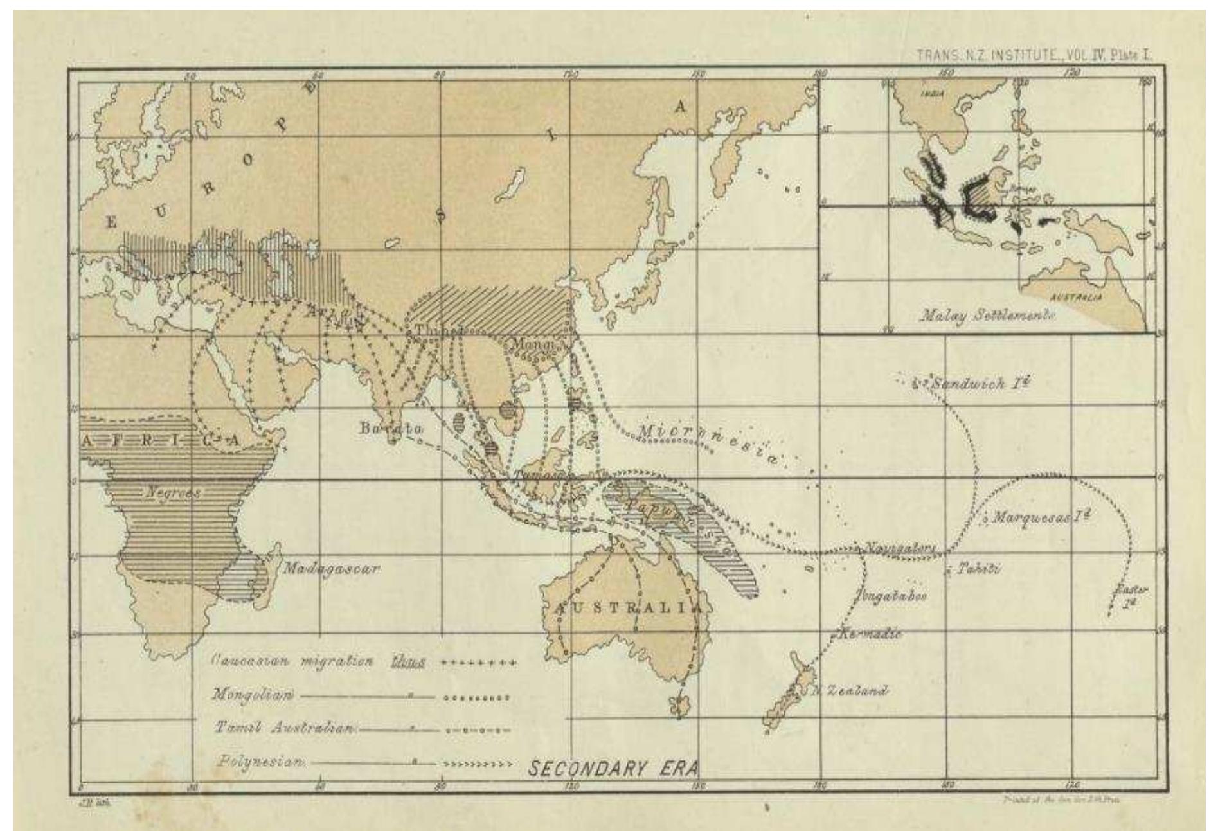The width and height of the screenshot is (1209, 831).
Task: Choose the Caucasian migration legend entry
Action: coord(293,662)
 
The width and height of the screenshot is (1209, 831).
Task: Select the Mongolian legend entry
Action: coord(254,695)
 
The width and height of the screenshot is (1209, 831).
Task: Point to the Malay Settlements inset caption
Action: coord(988,316)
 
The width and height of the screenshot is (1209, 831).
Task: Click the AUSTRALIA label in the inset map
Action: coord(1076,298)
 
